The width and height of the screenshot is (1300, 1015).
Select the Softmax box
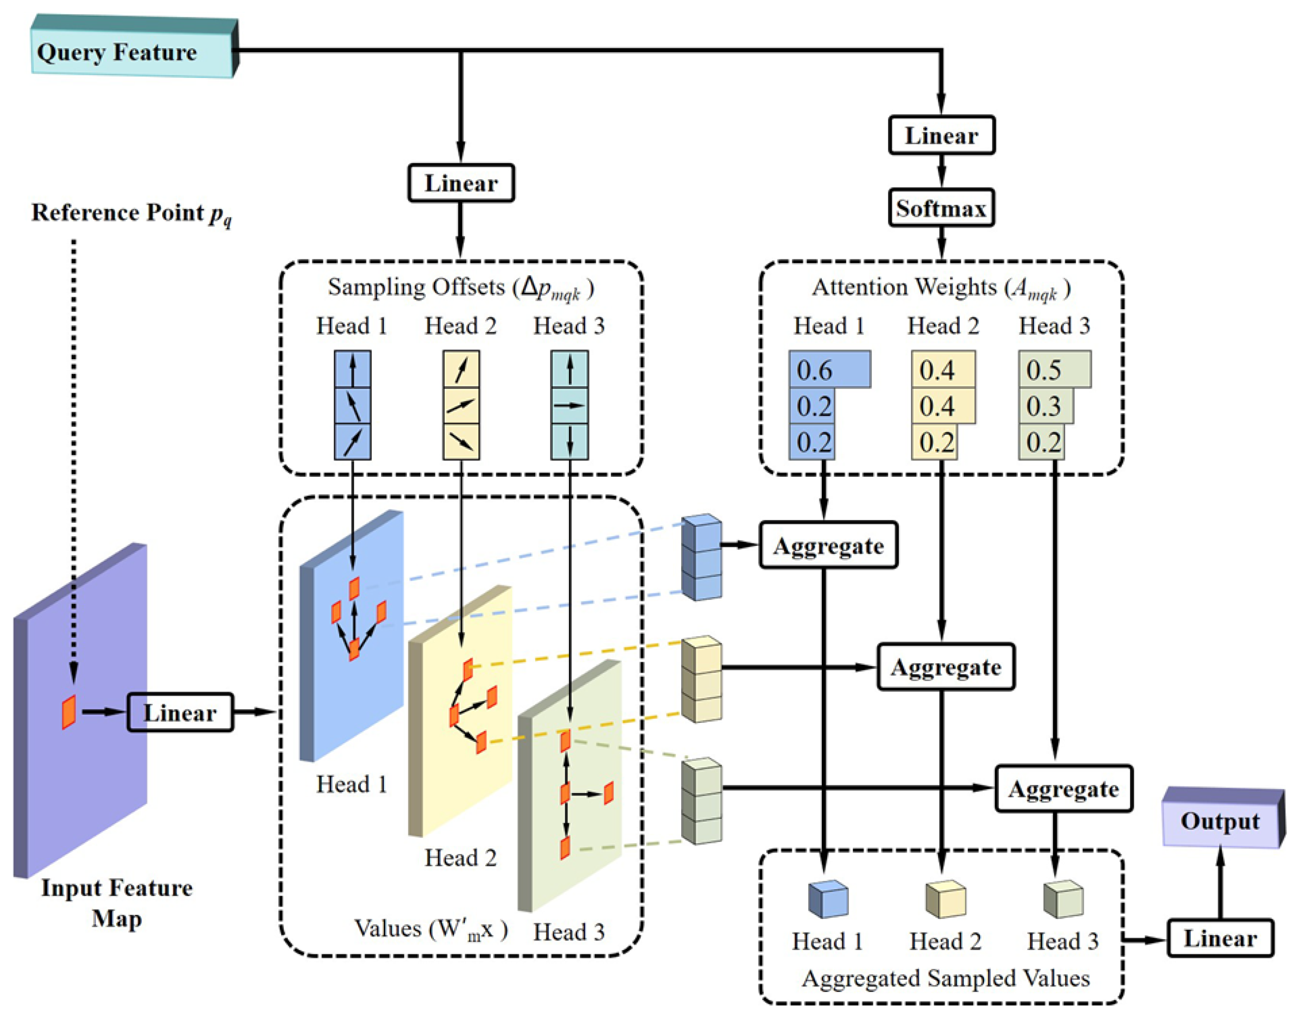coord(941,208)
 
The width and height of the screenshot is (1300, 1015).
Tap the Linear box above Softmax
coord(941,135)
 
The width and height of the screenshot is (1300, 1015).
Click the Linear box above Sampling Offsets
coord(461,183)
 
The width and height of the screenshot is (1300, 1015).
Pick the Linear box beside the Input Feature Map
coord(180,712)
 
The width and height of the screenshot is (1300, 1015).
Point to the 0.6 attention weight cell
coord(829,370)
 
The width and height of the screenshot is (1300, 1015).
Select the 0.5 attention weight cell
coord(1054,370)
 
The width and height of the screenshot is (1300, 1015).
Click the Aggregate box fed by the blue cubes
coord(828,545)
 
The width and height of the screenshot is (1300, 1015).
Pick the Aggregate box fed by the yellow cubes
coord(946,667)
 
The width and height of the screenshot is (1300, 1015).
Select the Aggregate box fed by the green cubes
coord(1064,789)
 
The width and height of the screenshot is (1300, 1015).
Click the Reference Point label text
coord(131,213)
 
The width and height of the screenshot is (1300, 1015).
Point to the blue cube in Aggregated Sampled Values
coord(828,899)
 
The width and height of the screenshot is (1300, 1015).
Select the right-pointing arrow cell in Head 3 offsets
coord(570,406)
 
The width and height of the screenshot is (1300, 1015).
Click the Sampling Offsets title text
coord(461,288)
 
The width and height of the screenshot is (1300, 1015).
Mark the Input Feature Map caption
coord(117,902)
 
